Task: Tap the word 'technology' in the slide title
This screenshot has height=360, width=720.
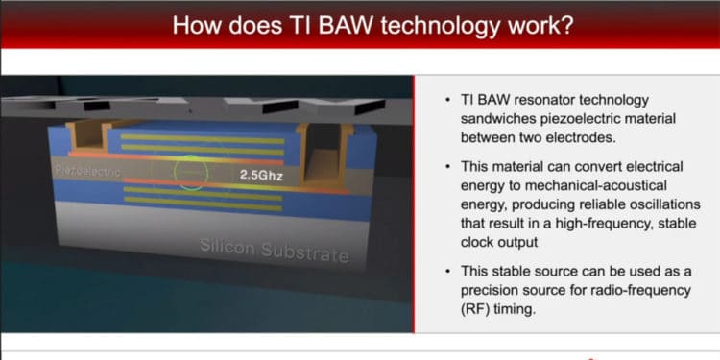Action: tap(448, 25)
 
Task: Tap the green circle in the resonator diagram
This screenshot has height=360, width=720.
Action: tap(191, 173)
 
